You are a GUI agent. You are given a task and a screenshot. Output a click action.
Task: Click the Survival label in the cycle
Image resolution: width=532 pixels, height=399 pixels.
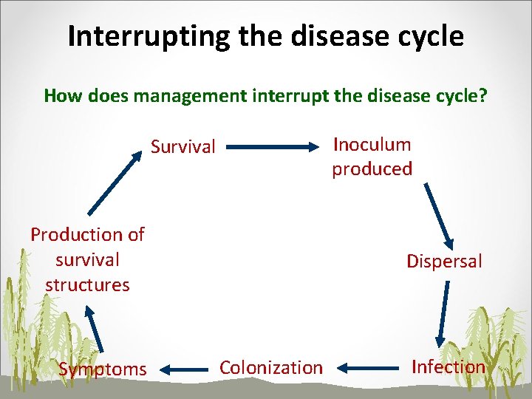point(183,147)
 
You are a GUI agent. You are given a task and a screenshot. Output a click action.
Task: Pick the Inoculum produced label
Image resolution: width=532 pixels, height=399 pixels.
point(372,157)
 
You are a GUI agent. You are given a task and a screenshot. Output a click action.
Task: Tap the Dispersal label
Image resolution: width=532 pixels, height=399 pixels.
point(444,261)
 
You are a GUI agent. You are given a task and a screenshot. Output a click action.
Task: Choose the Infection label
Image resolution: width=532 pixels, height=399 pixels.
point(448,366)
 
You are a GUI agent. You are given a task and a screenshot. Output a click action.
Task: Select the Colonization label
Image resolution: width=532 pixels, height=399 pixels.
point(271,367)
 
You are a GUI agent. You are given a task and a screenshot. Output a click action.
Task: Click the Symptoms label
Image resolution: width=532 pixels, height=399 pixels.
point(103,369)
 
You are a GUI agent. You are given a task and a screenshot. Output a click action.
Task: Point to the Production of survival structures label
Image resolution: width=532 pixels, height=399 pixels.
point(87,259)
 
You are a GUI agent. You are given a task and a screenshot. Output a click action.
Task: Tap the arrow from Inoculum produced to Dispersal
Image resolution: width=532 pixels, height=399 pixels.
point(439,214)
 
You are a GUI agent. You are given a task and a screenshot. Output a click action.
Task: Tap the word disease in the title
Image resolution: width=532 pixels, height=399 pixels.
point(325,36)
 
